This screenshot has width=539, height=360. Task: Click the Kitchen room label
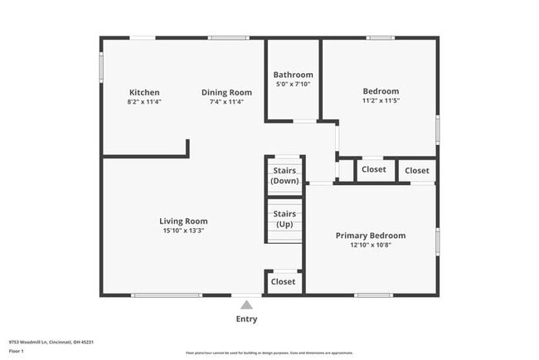pyautogui.click(x=144, y=92)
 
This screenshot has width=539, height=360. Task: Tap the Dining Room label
pyautogui.click(x=226, y=92)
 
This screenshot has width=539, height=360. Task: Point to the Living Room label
pyautogui.click(x=183, y=221)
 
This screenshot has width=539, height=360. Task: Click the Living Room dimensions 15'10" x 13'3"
pyautogui.click(x=183, y=231)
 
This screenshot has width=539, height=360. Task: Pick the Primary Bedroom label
pyautogui.click(x=371, y=236)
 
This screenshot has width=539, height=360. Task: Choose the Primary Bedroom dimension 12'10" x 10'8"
pyautogui.click(x=371, y=246)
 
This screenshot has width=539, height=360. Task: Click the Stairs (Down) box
pyautogui.click(x=284, y=175)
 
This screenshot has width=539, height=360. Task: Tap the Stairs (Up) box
pyautogui.click(x=284, y=219)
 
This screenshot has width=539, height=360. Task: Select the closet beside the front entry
pyautogui.click(x=284, y=282)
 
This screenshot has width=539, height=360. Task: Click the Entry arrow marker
pyautogui.click(x=246, y=304)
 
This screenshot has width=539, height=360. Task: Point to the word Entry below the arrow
pyautogui.click(x=246, y=319)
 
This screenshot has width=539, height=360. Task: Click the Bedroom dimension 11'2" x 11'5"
pyautogui.click(x=381, y=101)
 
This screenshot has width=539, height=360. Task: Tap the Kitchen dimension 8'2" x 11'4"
pyautogui.click(x=144, y=102)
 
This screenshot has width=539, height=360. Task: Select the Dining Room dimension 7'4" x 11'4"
pyautogui.click(x=226, y=102)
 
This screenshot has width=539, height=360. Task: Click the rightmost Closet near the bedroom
pyautogui.click(x=417, y=170)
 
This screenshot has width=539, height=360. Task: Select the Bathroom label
pyautogui.click(x=294, y=75)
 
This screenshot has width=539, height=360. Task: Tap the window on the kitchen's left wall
pyautogui.click(x=102, y=67)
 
